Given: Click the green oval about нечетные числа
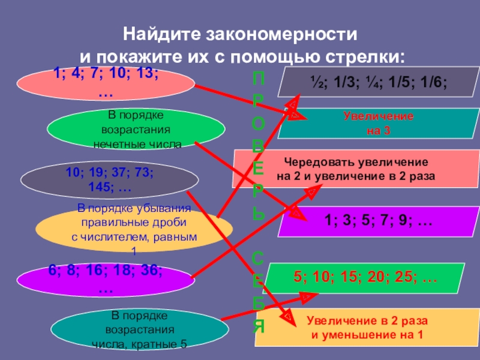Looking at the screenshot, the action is click(136, 128).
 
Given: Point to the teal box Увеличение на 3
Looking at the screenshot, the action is click(378, 123).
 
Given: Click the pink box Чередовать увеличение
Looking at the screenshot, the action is click(356, 169).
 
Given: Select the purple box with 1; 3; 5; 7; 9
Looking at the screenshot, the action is click(378, 222).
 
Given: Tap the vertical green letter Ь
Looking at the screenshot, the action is click(257, 212).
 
